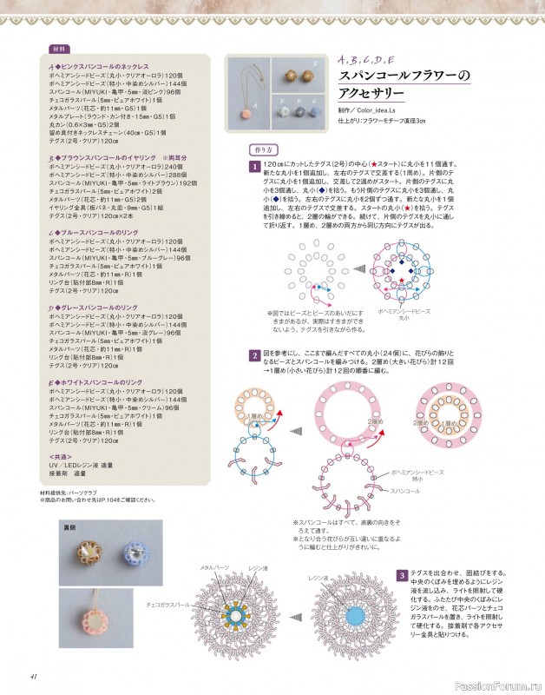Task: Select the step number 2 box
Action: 254,355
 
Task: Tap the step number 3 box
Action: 402,576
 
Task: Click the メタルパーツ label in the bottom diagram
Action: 214,567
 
